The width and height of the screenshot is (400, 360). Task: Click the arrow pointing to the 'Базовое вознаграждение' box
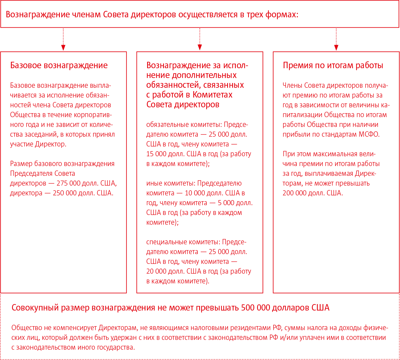click(x=63, y=39)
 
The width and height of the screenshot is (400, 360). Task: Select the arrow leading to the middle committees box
click(x=200, y=39)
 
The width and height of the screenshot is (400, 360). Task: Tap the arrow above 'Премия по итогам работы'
click(x=336, y=39)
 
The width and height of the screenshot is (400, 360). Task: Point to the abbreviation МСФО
click(x=369, y=134)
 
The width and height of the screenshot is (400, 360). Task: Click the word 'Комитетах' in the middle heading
click(x=212, y=95)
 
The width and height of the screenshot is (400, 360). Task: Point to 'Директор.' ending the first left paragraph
click(x=51, y=144)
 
